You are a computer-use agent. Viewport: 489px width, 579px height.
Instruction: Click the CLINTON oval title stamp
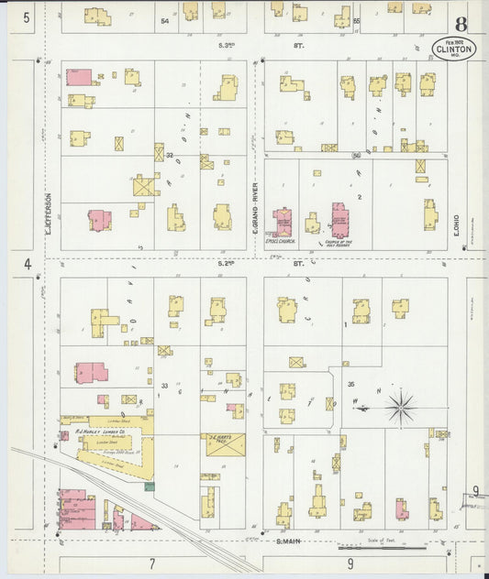click(x=454, y=48)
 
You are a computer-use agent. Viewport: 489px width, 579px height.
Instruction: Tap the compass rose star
click(x=401, y=407)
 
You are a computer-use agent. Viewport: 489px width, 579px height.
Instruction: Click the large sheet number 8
click(x=460, y=24)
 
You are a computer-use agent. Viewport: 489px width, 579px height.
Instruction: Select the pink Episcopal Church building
click(x=283, y=222)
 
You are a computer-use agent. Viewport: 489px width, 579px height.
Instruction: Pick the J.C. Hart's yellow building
click(x=225, y=444)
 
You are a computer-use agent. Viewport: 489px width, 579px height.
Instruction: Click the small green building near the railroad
click(x=150, y=486)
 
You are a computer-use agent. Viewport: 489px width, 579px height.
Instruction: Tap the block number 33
click(x=165, y=385)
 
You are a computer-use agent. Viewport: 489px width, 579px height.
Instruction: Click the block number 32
click(x=170, y=156)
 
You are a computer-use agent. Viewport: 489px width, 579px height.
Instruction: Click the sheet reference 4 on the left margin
click(x=28, y=264)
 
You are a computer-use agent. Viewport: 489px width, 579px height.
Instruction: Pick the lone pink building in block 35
click(x=401, y=508)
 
